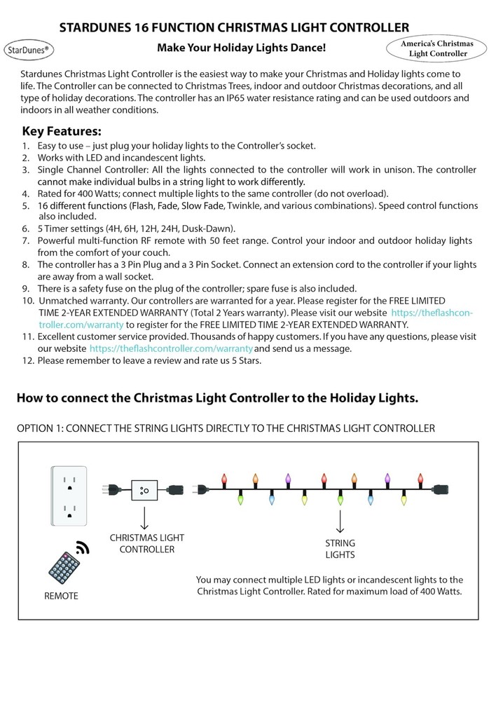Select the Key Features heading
pos(62,131)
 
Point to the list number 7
pos(25,240)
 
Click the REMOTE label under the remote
pos(61,596)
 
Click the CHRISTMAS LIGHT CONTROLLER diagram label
pos(146,543)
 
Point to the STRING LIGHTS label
pos(340,549)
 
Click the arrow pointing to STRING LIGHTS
pos(340,522)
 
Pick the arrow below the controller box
pos(145,518)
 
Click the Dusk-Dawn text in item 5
pos(208,229)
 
